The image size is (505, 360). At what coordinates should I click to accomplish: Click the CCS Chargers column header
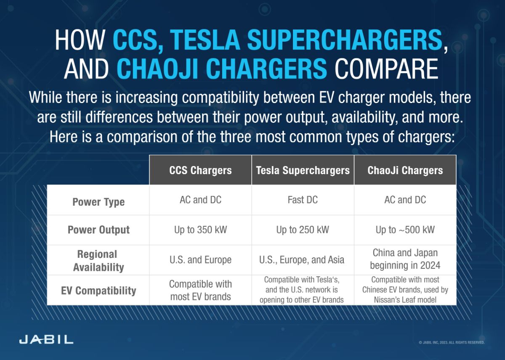pos(200,170)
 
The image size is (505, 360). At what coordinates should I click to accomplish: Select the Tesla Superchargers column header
pos(303,170)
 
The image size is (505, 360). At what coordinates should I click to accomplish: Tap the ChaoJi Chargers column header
pos(405,170)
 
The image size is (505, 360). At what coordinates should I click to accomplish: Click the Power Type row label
pos(98,202)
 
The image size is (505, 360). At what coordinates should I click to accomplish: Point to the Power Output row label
pos(98,230)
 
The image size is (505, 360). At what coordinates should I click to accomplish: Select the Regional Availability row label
pos(98,261)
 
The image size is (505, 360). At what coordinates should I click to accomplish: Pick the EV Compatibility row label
pos(98,291)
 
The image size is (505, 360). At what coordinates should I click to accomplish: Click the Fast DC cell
pos(303,200)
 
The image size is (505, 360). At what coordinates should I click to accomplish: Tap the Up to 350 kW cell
pos(200,230)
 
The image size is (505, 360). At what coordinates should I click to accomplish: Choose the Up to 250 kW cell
pos(303,230)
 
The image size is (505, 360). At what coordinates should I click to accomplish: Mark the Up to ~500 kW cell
pos(405,230)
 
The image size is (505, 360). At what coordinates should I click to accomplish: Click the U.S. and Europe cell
pos(200,260)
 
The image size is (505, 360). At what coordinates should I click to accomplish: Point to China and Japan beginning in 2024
pos(405,259)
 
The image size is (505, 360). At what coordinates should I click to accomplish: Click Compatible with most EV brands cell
pos(200,290)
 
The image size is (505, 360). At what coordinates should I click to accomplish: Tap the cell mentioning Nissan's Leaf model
pos(405,290)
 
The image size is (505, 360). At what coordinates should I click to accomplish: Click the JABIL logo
pos(46,339)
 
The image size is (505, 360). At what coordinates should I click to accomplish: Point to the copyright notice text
pos(452,343)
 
